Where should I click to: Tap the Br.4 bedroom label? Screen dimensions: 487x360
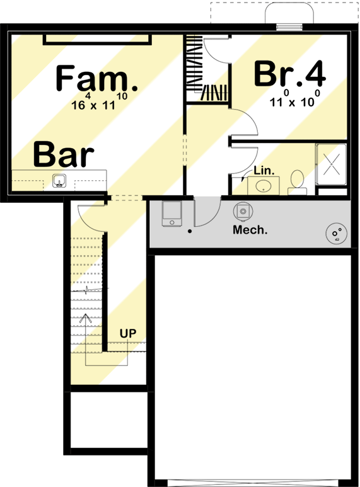[289, 74]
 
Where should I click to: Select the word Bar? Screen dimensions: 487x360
[64, 155]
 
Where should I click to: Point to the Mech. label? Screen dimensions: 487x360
[250, 230]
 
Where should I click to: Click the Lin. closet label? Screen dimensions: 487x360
[263, 171]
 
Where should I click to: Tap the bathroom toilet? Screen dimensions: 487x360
[296, 181]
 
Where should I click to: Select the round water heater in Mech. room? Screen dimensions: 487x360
[335, 234]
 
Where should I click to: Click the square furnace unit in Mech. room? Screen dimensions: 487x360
[171, 213]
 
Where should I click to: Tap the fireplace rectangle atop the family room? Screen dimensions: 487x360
[96, 40]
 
